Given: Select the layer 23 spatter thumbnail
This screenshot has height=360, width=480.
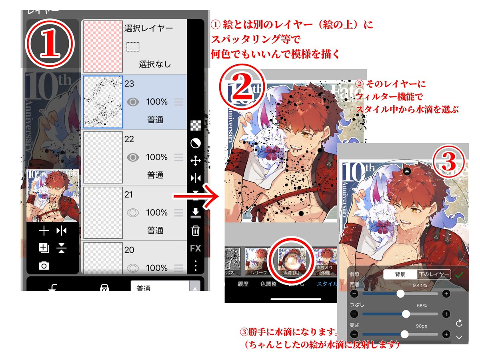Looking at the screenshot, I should click(103, 102).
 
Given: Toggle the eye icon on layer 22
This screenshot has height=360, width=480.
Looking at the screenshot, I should click(133, 157).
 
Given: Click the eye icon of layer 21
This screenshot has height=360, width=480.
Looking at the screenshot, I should click(133, 212).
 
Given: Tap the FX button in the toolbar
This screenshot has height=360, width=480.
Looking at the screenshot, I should click(195, 248).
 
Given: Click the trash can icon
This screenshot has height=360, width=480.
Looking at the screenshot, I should click(195, 231).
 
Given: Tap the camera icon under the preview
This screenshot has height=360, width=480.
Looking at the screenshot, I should click(44, 266).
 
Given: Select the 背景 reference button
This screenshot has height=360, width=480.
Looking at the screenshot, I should click(400, 274).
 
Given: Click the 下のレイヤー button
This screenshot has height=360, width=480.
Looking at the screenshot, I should click(434, 274).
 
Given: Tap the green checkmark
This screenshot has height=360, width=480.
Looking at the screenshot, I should click(459, 275).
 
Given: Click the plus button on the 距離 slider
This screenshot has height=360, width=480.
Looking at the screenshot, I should click(446, 294).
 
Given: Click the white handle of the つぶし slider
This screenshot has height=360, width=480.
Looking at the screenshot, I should click(406, 314).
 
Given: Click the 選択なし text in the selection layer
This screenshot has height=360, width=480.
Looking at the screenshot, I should click(154, 64).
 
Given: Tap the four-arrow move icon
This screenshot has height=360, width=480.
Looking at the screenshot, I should click(195, 161).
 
